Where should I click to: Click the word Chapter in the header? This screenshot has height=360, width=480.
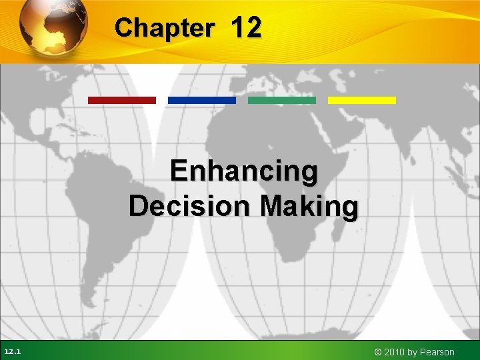coord(164,28)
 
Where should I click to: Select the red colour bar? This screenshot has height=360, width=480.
coord(122,100)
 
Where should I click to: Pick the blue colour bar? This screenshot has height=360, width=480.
coord(202,100)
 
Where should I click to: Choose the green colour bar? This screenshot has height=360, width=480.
coord(282,100)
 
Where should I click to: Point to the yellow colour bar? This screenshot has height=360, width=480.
coord(362,100)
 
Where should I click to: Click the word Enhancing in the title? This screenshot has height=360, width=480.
coord(244,172)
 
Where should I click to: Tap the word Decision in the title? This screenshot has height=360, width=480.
coord(190,206)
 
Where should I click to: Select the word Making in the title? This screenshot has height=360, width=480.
coord(310,206)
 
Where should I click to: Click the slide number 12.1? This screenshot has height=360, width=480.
coord(12,351)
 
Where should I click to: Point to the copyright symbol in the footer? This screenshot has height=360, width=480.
coord(379,352)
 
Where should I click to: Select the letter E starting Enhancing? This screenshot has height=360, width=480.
coord(178,171)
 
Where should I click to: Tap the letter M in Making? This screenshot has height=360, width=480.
coord(274,206)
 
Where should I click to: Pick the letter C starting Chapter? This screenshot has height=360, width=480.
coord(123,28)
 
